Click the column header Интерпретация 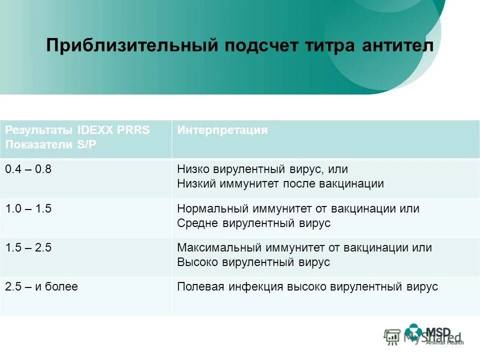click(x=222, y=130)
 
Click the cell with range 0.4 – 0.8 click(x=28, y=169)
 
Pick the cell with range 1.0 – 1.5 click(x=28, y=208)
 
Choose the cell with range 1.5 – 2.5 click(x=28, y=247)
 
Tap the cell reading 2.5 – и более click(x=41, y=286)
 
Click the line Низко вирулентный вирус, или click(x=262, y=169)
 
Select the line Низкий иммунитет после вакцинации click(x=280, y=183)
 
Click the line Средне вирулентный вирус click(x=253, y=223)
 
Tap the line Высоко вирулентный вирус click(x=253, y=262)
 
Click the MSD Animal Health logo click(x=433, y=334)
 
